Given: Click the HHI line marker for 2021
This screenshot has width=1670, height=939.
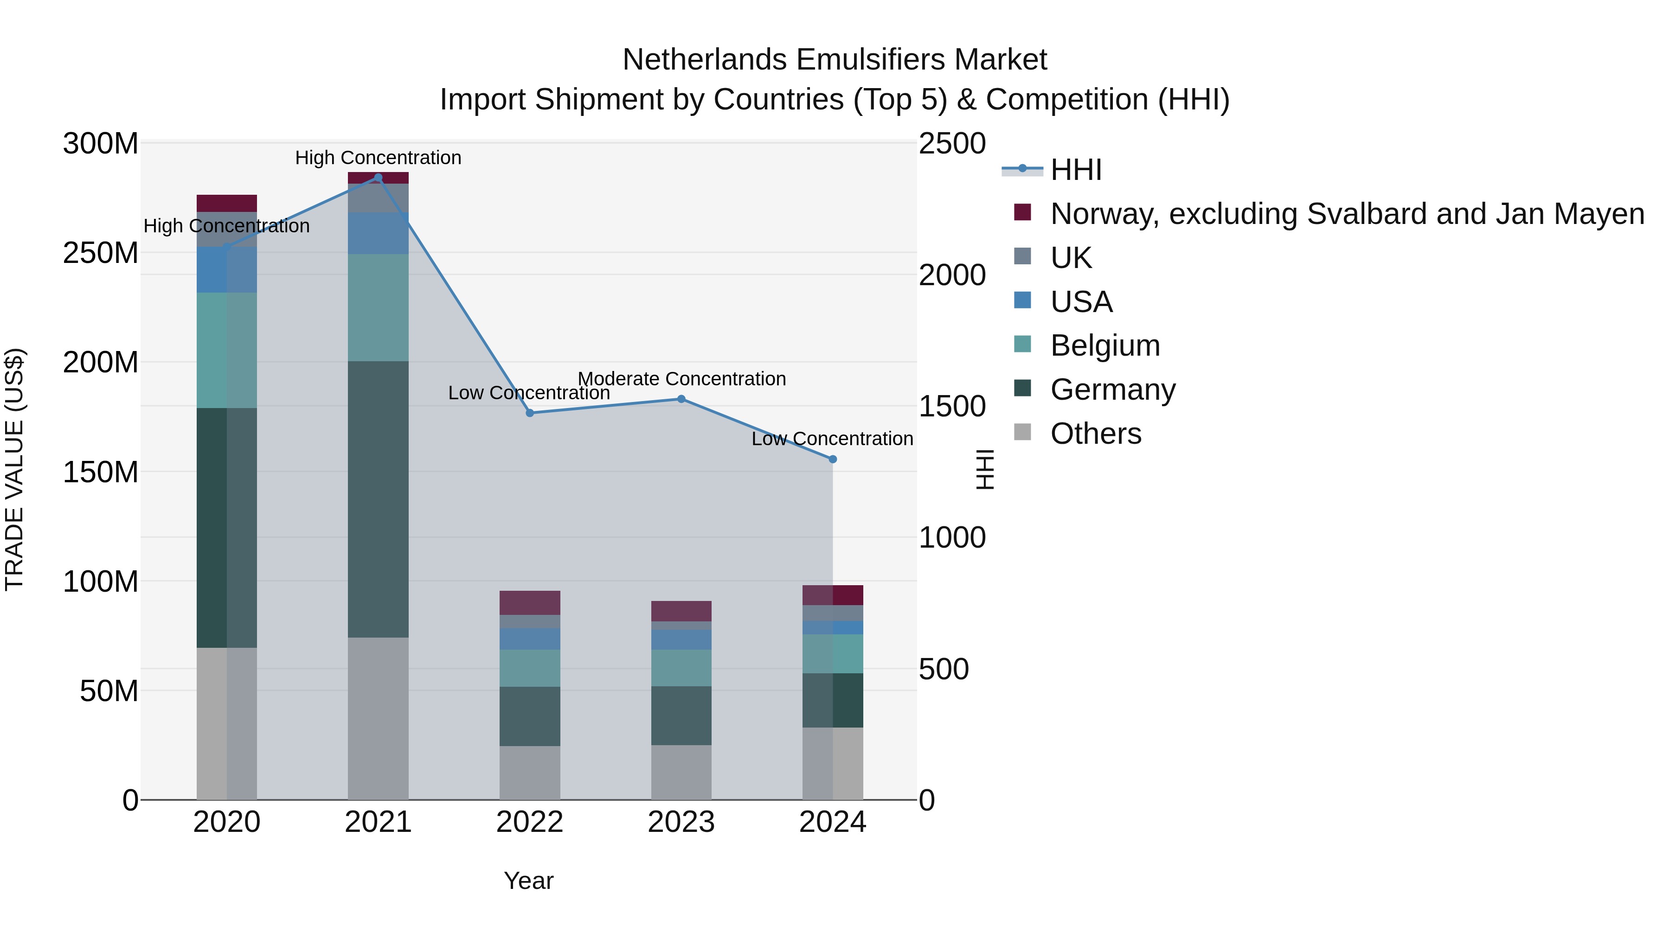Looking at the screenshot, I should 378,178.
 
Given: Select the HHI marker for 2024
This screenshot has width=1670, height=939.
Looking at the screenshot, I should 832,459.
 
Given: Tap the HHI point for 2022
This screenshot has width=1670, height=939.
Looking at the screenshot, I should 530,413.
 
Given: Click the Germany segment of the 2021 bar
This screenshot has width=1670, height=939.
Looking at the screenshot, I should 378,499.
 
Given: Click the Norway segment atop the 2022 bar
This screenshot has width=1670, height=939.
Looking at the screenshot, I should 530,603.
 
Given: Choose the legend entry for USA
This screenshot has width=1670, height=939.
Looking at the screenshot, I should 1081,302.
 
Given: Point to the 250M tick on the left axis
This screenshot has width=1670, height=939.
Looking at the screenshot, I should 101,253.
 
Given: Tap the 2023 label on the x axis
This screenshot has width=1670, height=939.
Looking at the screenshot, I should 681,822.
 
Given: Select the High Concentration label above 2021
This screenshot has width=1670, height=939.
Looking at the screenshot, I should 378,158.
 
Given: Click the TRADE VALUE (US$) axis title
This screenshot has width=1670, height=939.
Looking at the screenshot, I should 14,469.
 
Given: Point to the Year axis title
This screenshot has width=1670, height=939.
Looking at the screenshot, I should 528,881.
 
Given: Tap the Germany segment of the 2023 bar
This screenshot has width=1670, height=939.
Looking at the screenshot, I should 681,715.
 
